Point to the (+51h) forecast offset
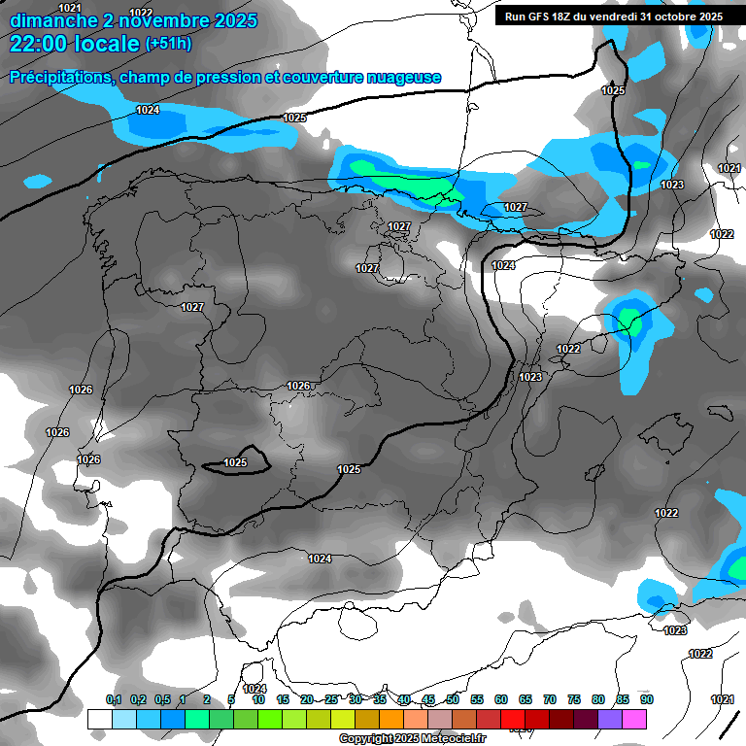tap(168, 44)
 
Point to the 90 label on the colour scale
tap(646, 699)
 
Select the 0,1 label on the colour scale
tap(113, 699)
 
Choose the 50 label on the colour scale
tap(453, 699)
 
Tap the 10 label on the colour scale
tap(258, 699)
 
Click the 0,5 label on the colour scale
tap(161, 699)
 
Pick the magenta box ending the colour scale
tap(634, 719)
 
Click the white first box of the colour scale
tap(99, 719)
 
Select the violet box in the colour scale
tap(610, 719)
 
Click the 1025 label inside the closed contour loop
tap(235, 463)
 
